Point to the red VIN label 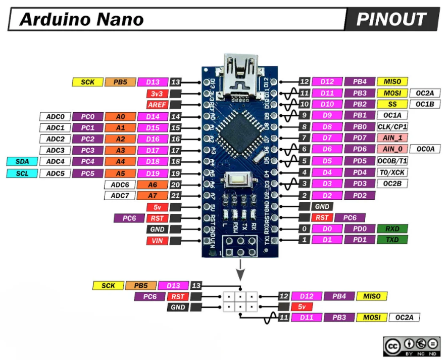click(x=157, y=241)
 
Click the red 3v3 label click(x=157, y=94)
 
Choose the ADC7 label click(x=119, y=196)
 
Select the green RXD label click(x=392, y=229)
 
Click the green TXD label click(x=392, y=240)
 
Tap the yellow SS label click(x=392, y=104)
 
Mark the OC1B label click(x=424, y=104)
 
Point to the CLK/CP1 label click(x=392, y=126)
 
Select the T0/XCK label click(x=392, y=172)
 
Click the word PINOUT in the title click(x=391, y=19)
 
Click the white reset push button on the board click(x=236, y=179)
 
